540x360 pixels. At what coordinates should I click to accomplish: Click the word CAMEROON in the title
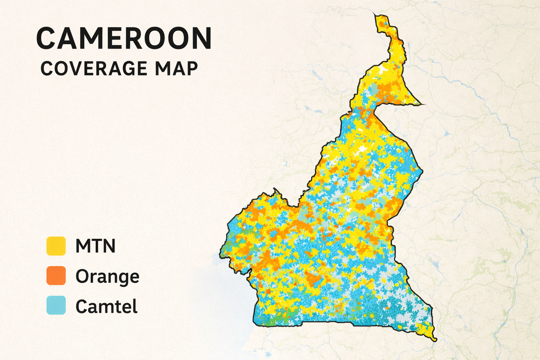tap(124, 38)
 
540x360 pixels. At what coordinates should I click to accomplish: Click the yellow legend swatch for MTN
tap(56, 246)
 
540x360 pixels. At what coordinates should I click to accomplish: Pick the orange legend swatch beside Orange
tap(56, 276)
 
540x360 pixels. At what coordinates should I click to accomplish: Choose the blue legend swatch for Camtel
tap(56, 305)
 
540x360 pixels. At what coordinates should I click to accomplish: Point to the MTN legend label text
tap(96, 246)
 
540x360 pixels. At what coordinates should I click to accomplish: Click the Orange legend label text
tap(107, 276)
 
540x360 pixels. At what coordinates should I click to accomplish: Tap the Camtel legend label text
tap(107, 306)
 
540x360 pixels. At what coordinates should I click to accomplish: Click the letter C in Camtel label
tap(81, 306)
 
